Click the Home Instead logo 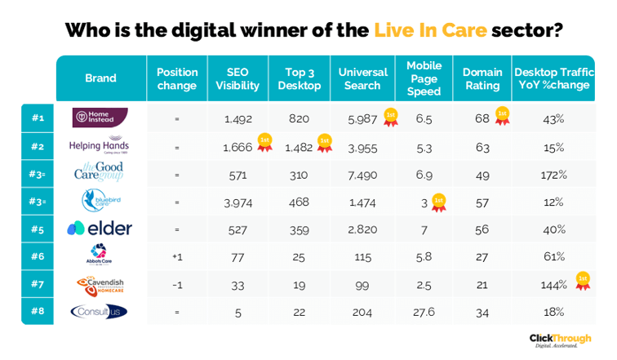click(x=100, y=118)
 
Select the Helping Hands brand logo click(x=99, y=146)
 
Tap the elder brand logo click(x=100, y=229)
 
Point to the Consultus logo click(x=99, y=311)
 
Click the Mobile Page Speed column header click(x=424, y=78)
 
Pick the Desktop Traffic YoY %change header click(x=554, y=78)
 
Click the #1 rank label click(x=38, y=118)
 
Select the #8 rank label click(x=38, y=311)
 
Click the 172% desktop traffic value click(x=554, y=174)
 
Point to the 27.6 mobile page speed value click(x=424, y=311)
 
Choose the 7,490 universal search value click(x=362, y=174)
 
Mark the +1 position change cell click(x=176, y=256)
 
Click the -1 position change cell click(x=176, y=284)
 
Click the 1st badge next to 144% click(x=583, y=281)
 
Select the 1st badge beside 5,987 click(x=391, y=116)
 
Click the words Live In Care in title click(x=430, y=31)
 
